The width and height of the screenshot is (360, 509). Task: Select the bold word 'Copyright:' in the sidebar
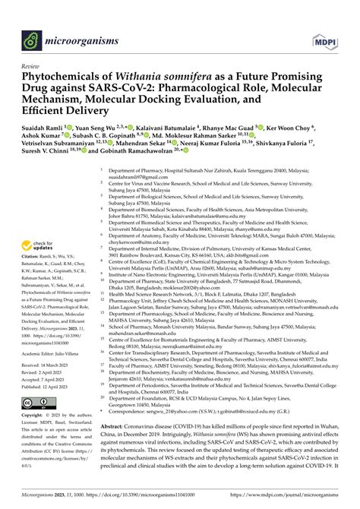click(x=39, y=416)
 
